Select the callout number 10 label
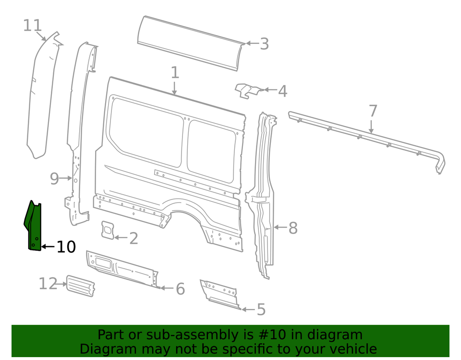pos(66,247)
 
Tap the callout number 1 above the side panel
pos(175,73)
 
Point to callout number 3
pos(264,44)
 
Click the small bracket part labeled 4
pos(248,90)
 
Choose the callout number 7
pos(373,111)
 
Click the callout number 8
pos(292,228)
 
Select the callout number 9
pos(54,179)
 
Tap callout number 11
pos(33,25)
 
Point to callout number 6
pos(180,289)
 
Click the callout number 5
pos(261,310)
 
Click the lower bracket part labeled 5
pos(219,293)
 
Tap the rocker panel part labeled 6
pos(122,269)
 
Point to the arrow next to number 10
pos(48,247)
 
